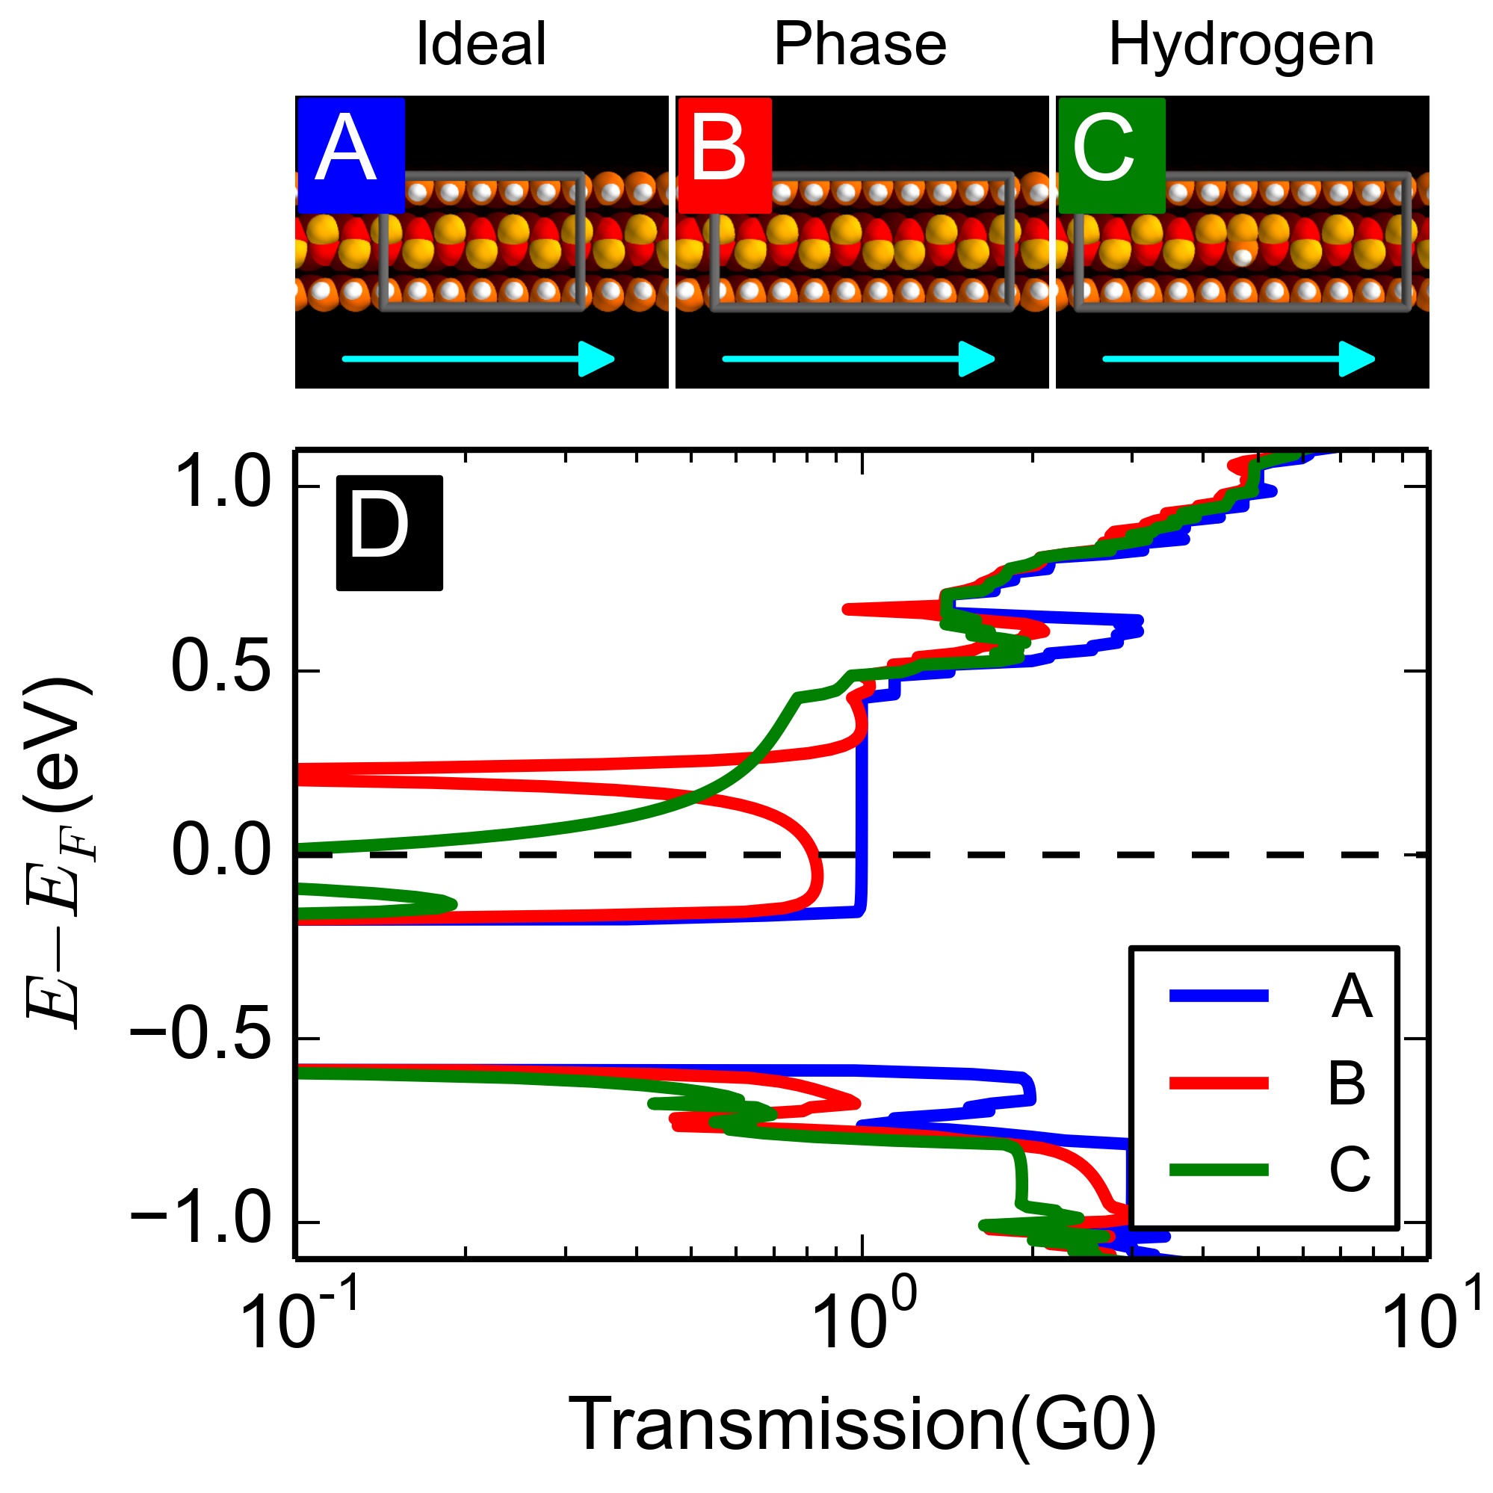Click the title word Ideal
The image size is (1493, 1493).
click(480, 44)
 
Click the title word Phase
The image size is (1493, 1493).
click(859, 44)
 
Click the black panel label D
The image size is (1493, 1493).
click(389, 532)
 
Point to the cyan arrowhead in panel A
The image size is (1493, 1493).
click(596, 359)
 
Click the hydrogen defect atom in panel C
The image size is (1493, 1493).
click(1242, 256)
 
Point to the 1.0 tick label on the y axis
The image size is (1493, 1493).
click(220, 484)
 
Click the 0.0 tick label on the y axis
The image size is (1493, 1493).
click(220, 853)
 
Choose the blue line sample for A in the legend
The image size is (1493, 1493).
click(1219, 995)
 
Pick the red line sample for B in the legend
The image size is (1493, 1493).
click(1219, 1083)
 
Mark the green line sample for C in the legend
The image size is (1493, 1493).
click(1219, 1169)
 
